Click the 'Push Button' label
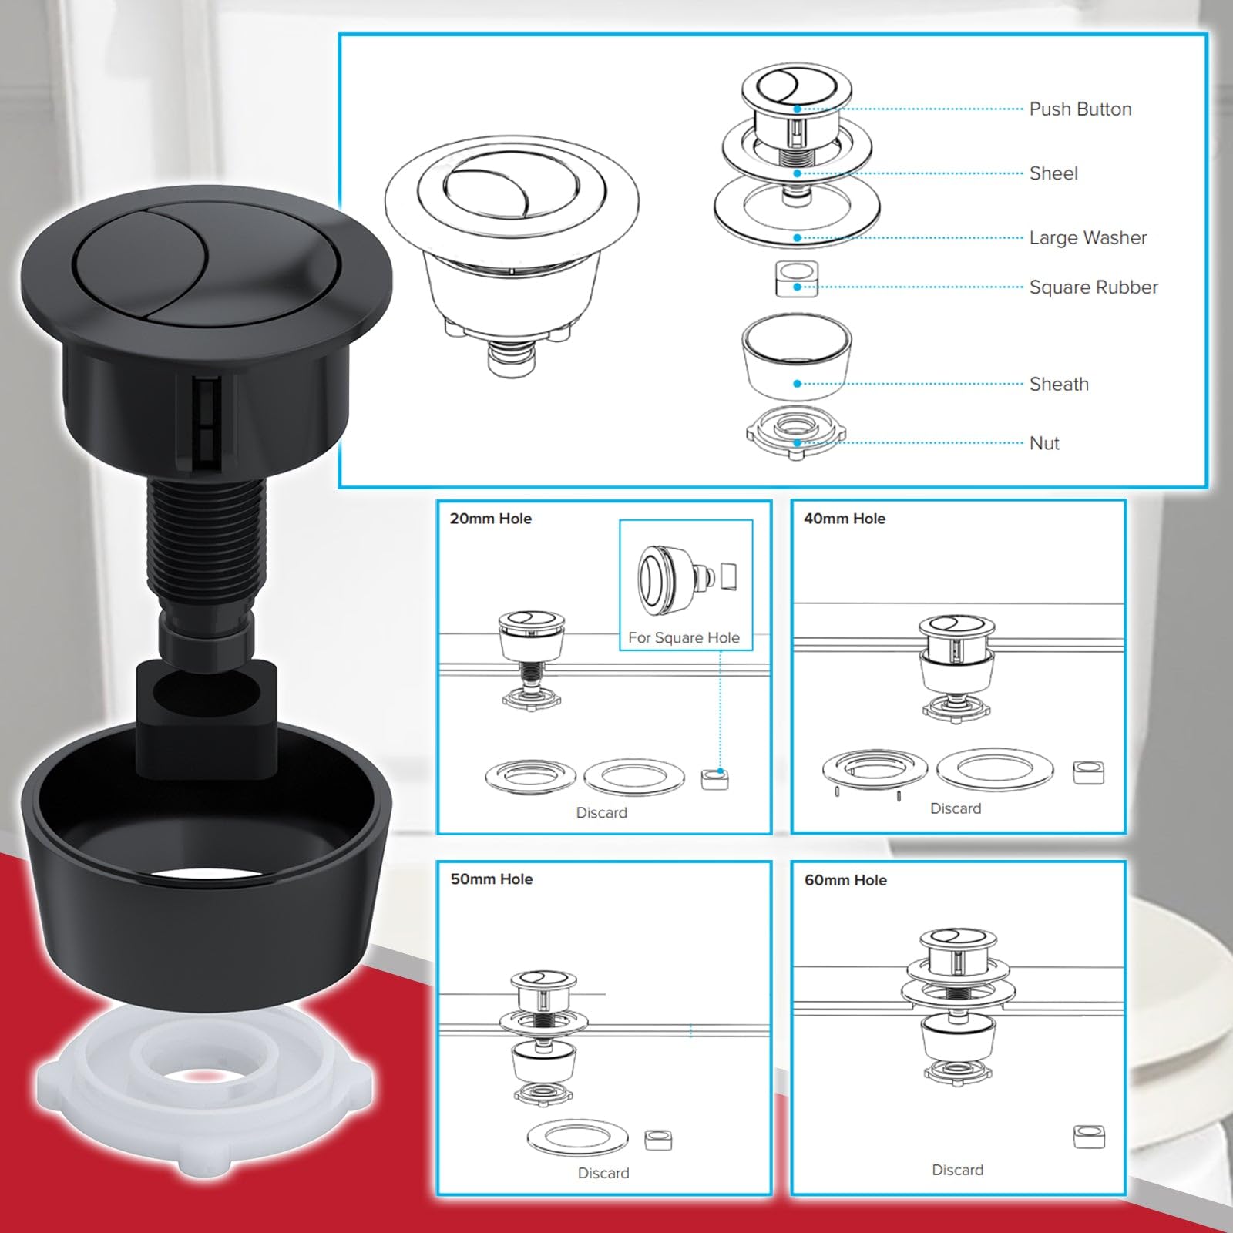pos(1080,109)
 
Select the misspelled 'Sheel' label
pos(1053,173)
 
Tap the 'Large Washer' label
pos(1088,237)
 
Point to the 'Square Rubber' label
pos(1094,287)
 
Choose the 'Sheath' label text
pos(1059,384)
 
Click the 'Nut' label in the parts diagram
pos(1044,443)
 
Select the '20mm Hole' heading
pos(491,519)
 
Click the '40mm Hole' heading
pos(845,519)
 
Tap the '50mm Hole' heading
pos(492,879)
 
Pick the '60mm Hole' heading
pos(845,880)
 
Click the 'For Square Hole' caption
pos(684,637)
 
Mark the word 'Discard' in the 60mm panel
pos(957,1170)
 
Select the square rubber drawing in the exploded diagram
pos(797,279)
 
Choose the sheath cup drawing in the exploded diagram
pos(797,356)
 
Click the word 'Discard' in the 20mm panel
pos(601,812)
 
